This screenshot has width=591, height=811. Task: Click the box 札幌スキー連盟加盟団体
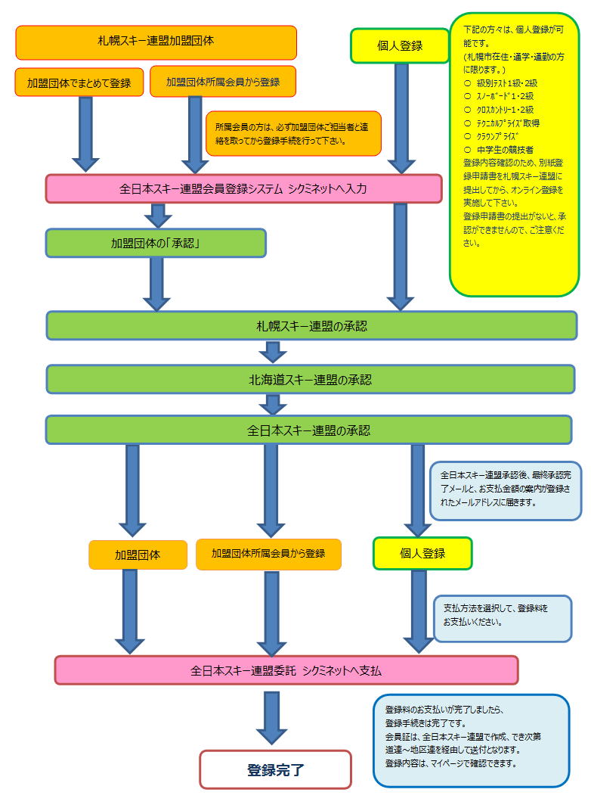pyautogui.click(x=156, y=42)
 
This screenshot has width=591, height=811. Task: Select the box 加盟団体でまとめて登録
pyautogui.click(x=79, y=82)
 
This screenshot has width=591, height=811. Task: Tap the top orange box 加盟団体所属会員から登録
pyautogui.click(x=223, y=81)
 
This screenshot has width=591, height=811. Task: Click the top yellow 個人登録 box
pyautogui.click(x=399, y=46)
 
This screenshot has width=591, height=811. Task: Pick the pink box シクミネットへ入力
pyautogui.click(x=244, y=189)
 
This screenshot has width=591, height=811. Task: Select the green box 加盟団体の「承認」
pyautogui.click(x=156, y=243)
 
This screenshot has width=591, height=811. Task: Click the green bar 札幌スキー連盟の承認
pyautogui.click(x=311, y=326)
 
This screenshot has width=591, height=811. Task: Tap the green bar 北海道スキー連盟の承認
pyautogui.click(x=311, y=380)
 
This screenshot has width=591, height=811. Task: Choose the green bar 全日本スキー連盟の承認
pyautogui.click(x=309, y=430)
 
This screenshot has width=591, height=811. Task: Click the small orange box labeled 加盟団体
pyautogui.click(x=138, y=555)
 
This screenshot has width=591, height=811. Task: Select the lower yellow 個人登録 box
pyautogui.click(x=422, y=554)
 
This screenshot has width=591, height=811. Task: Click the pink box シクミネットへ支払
pyautogui.click(x=286, y=670)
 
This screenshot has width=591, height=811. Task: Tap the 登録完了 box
pyautogui.click(x=275, y=769)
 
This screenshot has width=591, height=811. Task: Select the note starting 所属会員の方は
pyautogui.click(x=293, y=133)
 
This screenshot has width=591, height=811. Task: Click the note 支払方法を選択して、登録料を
pyautogui.click(x=503, y=619)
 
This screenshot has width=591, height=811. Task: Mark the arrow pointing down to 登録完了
pyautogui.click(x=272, y=718)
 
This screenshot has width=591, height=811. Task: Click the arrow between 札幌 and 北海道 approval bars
pyautogui.click(x=273, y=352)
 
